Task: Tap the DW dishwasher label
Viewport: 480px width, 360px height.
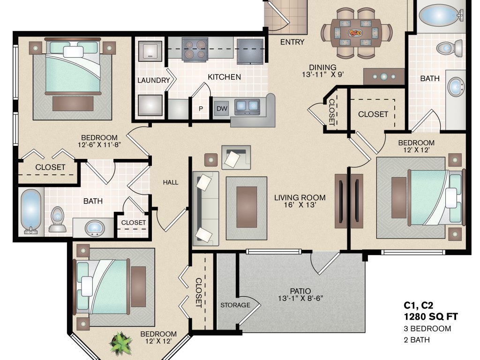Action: coord(222,108)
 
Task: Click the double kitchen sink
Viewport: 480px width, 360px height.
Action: coord(247,106)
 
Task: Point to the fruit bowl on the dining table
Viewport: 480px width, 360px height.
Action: coord(355,33)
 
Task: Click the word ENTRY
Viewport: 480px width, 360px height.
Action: coord(292,42)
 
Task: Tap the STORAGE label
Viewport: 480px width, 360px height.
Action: coord(235,305)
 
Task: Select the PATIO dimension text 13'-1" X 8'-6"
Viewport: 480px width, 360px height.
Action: coord(300,298)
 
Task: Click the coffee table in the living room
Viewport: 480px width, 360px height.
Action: coord(247,207)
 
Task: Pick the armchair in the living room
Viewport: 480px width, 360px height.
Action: coord(236,157)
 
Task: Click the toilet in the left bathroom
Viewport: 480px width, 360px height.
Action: coord(57,220)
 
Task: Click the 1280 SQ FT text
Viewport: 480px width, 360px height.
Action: coord(431,316)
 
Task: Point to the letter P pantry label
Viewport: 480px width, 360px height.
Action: coord(201,109)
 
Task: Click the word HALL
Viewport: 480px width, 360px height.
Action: coord(171,182)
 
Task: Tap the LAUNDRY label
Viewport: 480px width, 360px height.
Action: coord(154,80)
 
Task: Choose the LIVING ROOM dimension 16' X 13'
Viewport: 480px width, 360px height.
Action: coord(300,205)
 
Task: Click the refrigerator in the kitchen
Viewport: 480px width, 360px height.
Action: coord(250,51)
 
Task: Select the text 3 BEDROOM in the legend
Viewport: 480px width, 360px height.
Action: coord(427,329)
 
